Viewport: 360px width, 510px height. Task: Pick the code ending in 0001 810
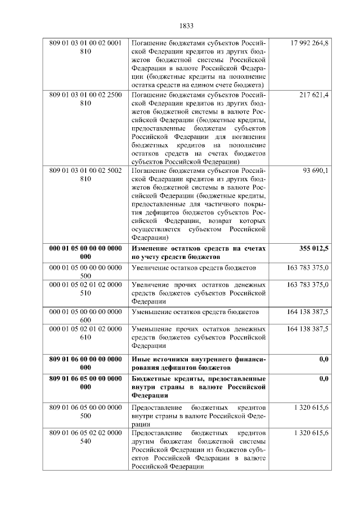[85, 47]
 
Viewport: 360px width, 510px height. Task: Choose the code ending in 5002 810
[85, 174]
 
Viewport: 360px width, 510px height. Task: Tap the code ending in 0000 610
[85, 332]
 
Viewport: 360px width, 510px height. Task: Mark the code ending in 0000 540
[85, 437]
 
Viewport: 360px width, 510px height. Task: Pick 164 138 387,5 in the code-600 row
[308, 311]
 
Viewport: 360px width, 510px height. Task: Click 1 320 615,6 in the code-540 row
[312, 433]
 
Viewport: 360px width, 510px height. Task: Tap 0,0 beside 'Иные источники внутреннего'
[324, 359]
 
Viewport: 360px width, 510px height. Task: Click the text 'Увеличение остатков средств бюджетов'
[193, 268]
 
